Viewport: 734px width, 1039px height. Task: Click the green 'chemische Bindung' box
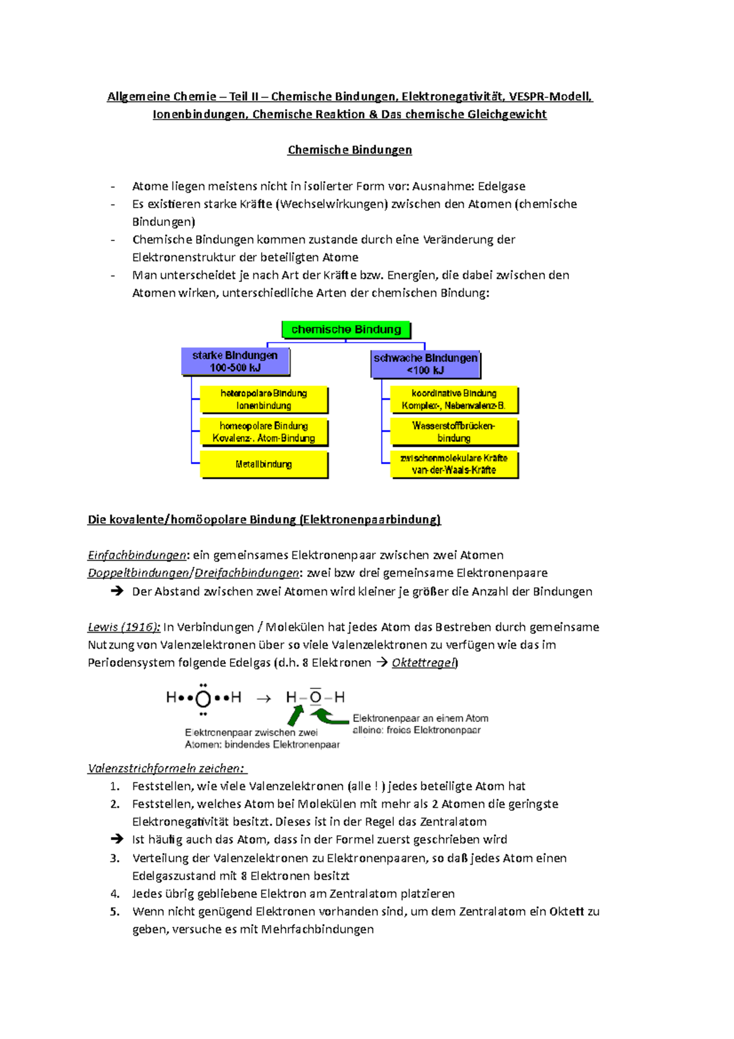pyautogui.click(x=346, y=330)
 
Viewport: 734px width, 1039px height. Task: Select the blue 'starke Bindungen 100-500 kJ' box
pyautogui.click(x=235, y=362)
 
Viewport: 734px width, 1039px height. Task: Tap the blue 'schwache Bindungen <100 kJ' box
pyautogui.click(x=426, y=364)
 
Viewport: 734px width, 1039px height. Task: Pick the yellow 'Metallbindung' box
pyautogui.click(x=264, y=464)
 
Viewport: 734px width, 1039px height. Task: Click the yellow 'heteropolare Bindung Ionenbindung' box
pyautogui.click(x=264, y=400)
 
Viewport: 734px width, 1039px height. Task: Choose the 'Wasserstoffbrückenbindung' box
pyautogui.click(x=454, y=432)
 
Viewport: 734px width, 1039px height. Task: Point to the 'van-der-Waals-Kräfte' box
pyautogui.click(x=454, y=464)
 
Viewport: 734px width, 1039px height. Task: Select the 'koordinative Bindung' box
pyautogui.click(x=454, y=400)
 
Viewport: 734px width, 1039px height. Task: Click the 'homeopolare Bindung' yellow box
pyautogui.click(x=264, y=432)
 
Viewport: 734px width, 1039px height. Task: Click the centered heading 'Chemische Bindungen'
pyautogui.click(x=349, y=150)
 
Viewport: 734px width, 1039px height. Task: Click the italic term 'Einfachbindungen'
pyautogui.click(x=137, y=556)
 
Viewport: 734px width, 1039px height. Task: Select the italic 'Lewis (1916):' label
pyautogui.click(x=124, y=627)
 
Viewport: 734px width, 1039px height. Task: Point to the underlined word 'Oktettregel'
pyautogui.click(x=424, y=663)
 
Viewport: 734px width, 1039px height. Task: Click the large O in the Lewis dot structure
pyautogui.click(x=203, y=699)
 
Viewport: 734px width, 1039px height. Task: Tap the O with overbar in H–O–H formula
pyautogui.click(x=315, y=698)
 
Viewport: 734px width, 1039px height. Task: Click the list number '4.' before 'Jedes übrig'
pyautogui.click(x=115, y=894)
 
